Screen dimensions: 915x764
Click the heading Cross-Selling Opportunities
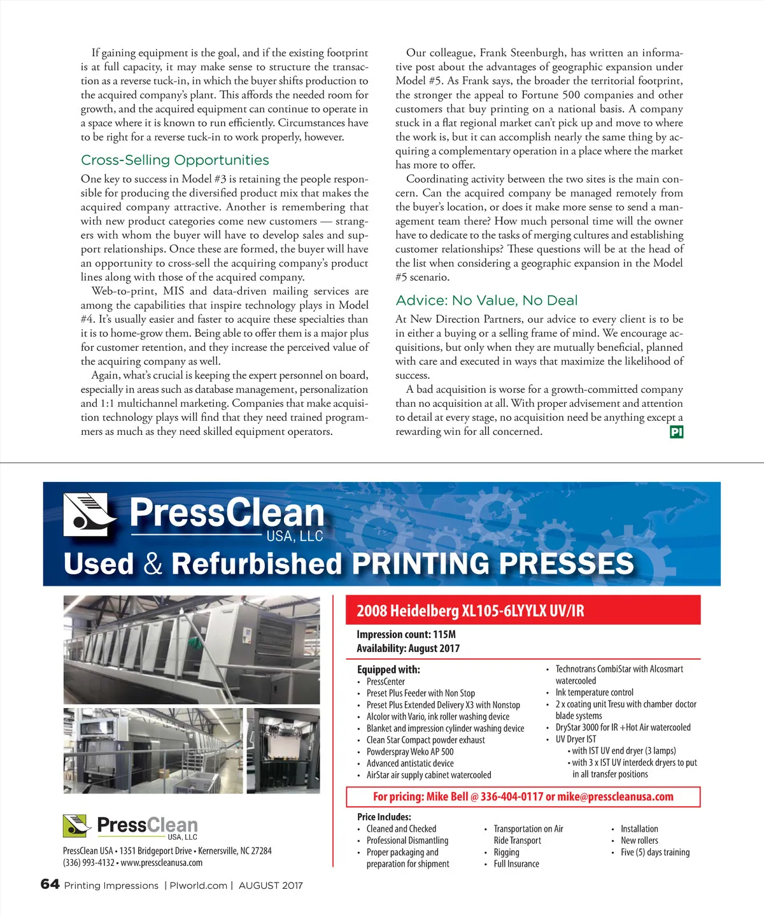pyautogui.click(x=175, y=160)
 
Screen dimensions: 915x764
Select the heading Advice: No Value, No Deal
pyautogui.click(x=486, y=301)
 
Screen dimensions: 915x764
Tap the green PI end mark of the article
pyautogui.click(x=676, y=432)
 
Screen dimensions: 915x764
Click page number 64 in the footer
pyautogui.click(x=50, y=884)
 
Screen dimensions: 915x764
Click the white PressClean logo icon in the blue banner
pyautogui.click(x=90, y=514)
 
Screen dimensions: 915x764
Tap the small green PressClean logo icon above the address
pyautogui.click(x=77, y=826)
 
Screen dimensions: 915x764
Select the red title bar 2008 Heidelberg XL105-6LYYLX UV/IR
pyautogui.click(x=522, y=611)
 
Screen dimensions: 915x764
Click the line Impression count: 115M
pyautogui.click(x=406, y=634)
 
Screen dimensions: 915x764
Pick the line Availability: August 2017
pyautogui.click(x=408, y=648)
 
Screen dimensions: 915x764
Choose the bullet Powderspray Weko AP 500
pyautogui.click(x=410, y=751)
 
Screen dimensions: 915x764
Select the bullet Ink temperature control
pyautogui.click(x=594, y=692)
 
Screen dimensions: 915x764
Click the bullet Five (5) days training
pyautogui.click(x=654, y=852)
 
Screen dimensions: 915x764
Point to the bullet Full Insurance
pyautogui.click(x=516, y=864)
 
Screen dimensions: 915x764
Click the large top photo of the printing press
pyautogui.click(x=192, y=649)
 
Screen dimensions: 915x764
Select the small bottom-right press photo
pyautogui.click(x=283, y=750)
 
